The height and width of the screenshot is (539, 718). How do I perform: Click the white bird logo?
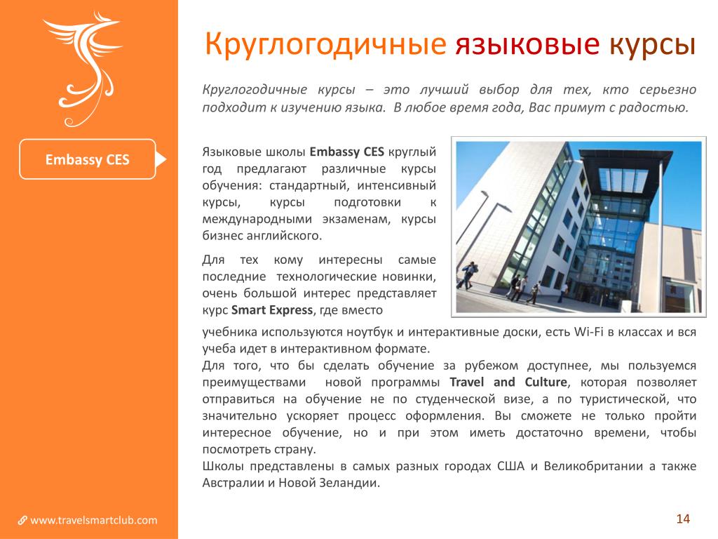tap(85, 69)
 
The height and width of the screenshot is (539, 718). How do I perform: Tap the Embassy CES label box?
tap(88, 159)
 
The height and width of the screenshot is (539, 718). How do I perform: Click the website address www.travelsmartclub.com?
tap(93, 520)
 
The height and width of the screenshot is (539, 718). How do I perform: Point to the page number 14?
tap(683, 519)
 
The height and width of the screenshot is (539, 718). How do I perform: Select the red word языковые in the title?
tap(527, 45)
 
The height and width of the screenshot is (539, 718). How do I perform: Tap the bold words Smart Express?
tap(272, 310)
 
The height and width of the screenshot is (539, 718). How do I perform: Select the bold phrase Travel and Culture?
tap(508, 382)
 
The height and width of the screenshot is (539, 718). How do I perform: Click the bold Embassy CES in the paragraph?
tap(346, 152)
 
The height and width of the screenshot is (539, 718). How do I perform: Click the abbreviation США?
tap(510, 466)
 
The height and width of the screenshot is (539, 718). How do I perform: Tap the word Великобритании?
tap(593, 466)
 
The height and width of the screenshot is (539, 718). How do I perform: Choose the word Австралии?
tap(233, 483)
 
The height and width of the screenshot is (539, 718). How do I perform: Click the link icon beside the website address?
tap(22, 521)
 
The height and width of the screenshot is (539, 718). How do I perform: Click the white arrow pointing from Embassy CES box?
tap(161, 159)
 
